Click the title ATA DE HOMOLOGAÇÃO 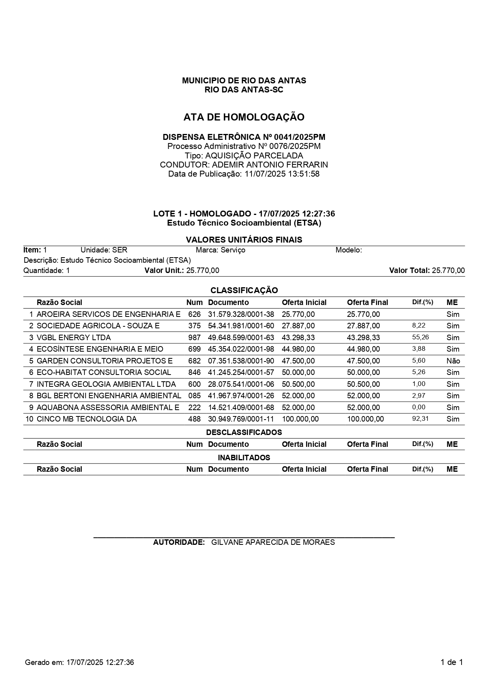244,117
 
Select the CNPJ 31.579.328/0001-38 241,314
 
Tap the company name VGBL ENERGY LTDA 73,338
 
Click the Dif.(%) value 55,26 421,337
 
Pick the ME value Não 453,361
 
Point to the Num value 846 194,373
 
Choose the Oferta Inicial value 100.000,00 300,419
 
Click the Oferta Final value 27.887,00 363,326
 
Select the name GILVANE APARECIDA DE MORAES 273,542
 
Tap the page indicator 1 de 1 452,663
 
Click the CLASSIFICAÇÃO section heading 244,290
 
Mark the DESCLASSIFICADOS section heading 244,432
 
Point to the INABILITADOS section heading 244,458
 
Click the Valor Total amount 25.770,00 448,271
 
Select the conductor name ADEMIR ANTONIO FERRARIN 270,165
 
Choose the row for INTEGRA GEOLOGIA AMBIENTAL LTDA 106,384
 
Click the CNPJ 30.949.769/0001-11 241,419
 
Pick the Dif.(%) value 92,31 421,419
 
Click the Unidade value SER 120,250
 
